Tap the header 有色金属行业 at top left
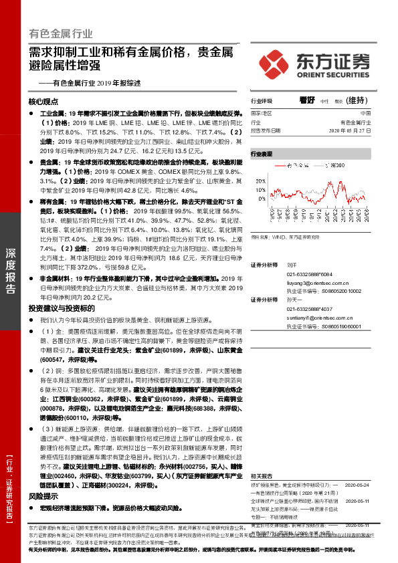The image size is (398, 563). (61, 33)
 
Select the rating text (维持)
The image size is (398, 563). (358, 101)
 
